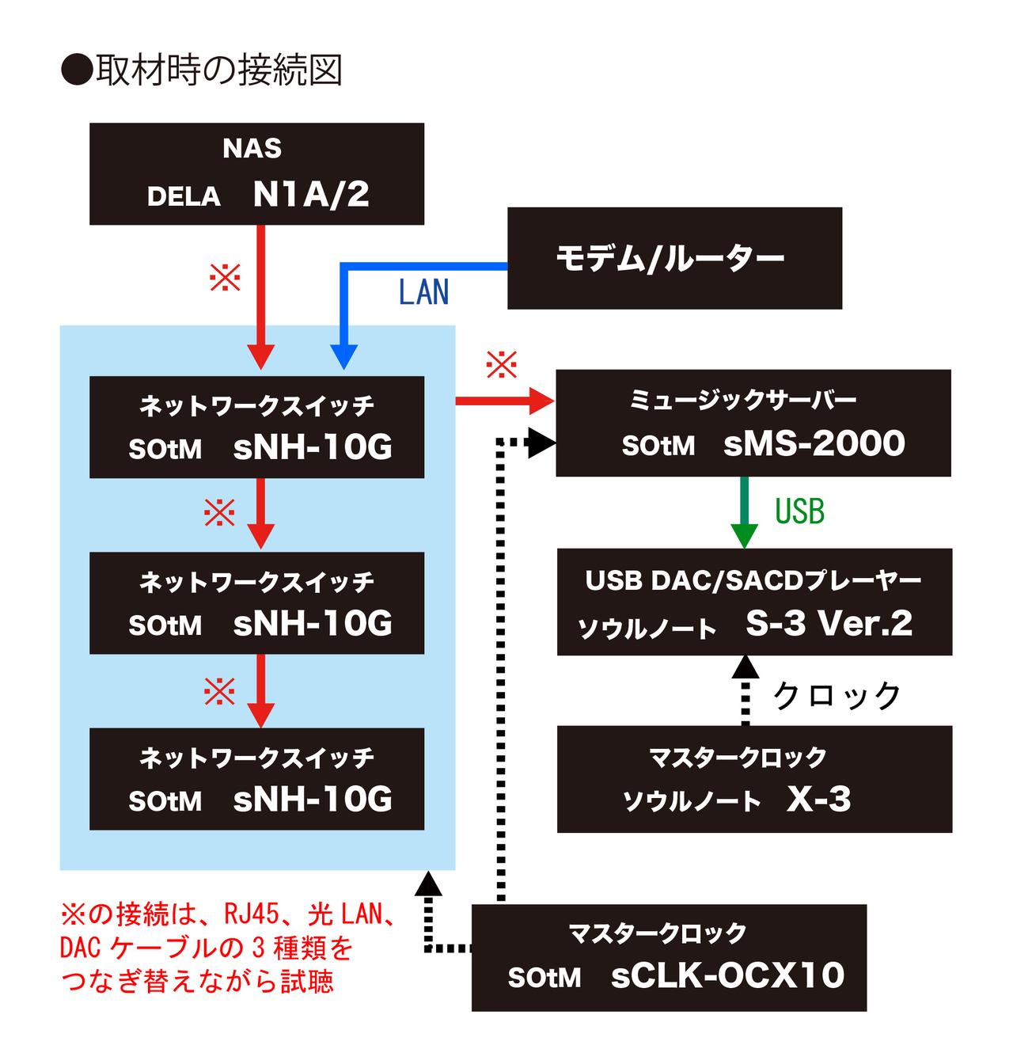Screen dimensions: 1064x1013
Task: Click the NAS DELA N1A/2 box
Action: [256, 173]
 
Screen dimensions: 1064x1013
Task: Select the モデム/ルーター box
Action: [673, 258]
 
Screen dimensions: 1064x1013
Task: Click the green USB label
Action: [799, 511]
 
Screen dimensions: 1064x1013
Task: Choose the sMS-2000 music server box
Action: [753, 423]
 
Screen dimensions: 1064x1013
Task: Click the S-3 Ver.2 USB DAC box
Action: [754, 602]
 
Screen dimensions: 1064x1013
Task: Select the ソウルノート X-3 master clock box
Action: [754, 779]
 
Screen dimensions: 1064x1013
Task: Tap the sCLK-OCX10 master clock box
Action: [669, 957]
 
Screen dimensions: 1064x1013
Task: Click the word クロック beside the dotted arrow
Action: [837, 696]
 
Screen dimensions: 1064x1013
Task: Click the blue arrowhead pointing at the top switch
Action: [343, 357]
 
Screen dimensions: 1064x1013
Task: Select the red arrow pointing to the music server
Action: [506, 401]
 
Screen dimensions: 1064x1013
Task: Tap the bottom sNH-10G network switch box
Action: [256, 779]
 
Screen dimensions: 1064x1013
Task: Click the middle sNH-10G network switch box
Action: [256, 603]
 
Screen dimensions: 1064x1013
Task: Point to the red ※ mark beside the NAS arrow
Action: [225, 277]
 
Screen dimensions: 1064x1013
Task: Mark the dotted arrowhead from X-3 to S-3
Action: [744, 667]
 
